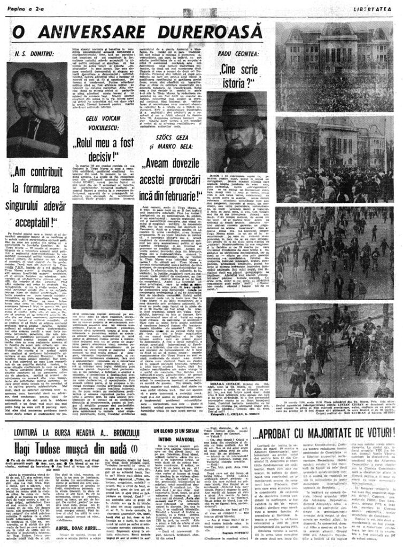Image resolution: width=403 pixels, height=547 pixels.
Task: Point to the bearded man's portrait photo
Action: click(103, 246)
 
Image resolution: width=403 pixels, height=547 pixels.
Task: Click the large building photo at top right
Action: click(337, 59)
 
